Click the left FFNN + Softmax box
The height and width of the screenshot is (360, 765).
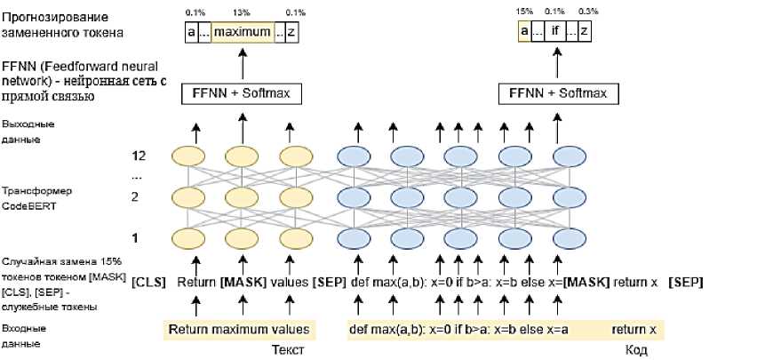click(x=240, y=93)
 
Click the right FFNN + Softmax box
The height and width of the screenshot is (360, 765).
click(x=557, y=93)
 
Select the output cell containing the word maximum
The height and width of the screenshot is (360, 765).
click(x=242, y=33)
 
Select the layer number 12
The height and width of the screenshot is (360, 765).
click(x=136, y=156)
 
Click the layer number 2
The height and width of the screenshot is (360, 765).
click(x=136, y=197)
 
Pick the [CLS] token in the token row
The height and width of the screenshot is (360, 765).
click(x=149, y=282)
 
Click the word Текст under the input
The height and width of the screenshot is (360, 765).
click(x=287, y=350)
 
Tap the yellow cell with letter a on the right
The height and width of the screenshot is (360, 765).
click(x=524, y=33)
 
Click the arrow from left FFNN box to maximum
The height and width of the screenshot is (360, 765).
click(x=241, y=64)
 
